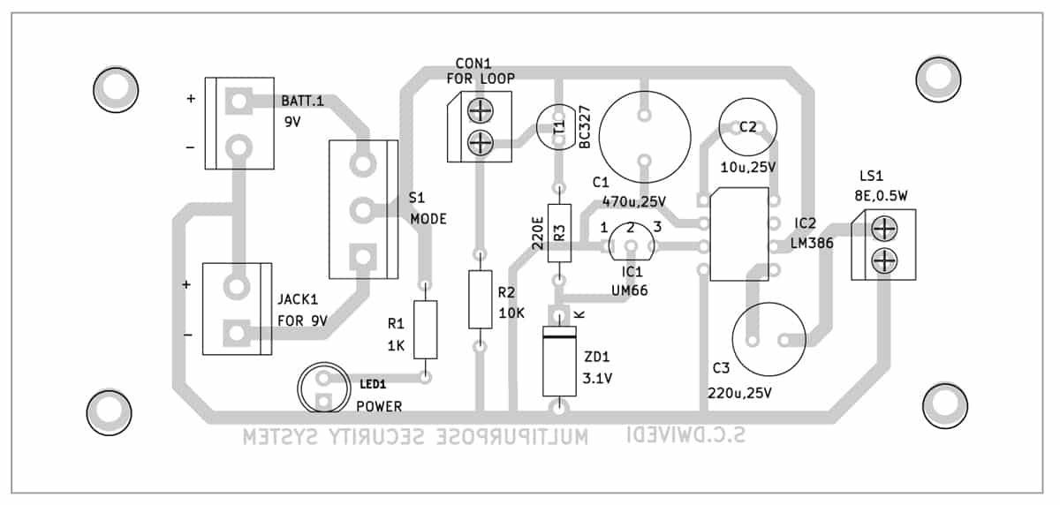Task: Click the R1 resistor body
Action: click(426, 329)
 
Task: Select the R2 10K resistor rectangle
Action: click(480, 300)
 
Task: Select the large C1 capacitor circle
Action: click(644, 137)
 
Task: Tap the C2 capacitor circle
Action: click(748, 127)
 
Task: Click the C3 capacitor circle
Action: click(768, 340)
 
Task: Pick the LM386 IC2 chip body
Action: click(738, 234)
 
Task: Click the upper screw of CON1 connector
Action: click(479, 112)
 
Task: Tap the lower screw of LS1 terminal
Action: click(884, 260)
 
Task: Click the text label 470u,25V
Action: click(633, 200)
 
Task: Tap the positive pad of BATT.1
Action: click(237, 101)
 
